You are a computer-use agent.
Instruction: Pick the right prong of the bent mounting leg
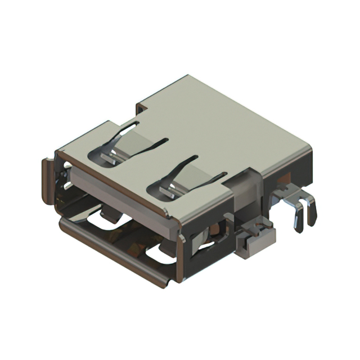tap(311, 213)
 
